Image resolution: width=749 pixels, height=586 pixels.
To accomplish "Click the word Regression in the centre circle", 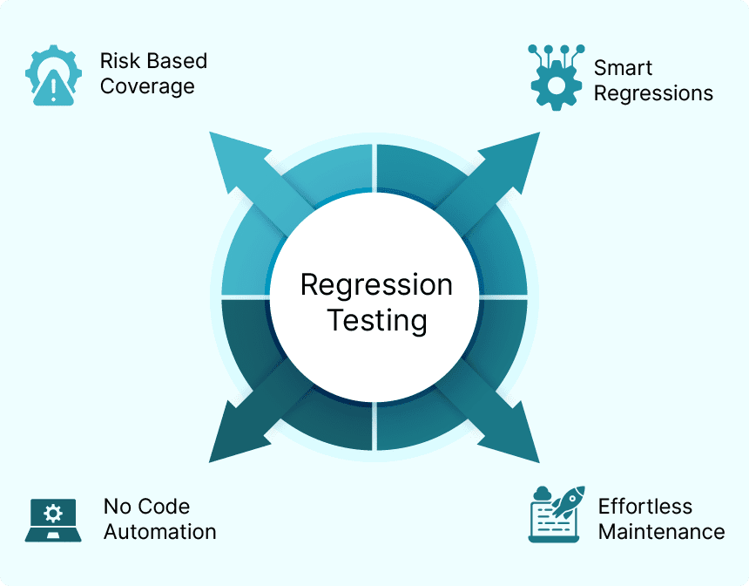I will [376, 285].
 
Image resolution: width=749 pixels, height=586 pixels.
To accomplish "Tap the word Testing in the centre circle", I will [376, 320].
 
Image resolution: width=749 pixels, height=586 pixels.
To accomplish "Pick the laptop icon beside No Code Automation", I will [53, 520].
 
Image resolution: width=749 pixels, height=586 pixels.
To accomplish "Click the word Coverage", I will [147, 86].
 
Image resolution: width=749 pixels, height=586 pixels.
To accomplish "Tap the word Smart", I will [623, 68].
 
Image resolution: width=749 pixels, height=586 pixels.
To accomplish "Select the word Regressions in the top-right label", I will [653, 93].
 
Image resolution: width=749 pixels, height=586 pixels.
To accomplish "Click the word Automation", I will [159, 531].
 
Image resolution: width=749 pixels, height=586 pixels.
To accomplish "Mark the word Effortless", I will [644, 506].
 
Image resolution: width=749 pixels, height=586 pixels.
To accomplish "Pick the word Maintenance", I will [661, 531].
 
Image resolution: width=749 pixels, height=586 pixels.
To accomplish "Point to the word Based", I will [177, 61].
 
